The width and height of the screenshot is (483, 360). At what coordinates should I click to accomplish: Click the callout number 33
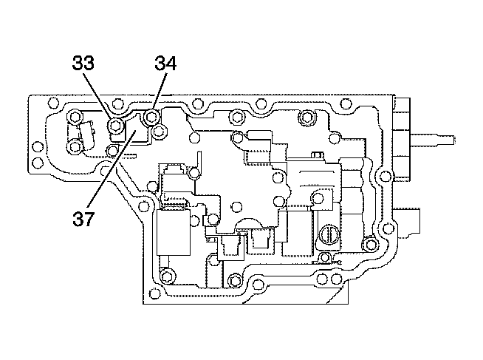coord(83,63)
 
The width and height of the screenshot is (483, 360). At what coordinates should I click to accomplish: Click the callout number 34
coord(165,63)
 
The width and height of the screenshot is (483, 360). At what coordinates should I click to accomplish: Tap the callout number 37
coord(83,219)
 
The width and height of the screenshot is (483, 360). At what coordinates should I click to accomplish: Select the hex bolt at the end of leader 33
coord(116,125)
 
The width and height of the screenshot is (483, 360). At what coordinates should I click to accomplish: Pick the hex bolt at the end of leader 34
coord(151,117)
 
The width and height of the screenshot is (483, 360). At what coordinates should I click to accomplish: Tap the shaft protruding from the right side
coord(432,138)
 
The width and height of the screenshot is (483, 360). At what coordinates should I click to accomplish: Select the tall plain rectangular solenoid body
coord(174,232)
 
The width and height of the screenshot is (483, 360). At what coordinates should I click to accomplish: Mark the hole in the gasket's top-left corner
coord(54,102)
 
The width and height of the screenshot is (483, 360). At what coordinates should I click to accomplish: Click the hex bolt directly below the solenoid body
coord(167,276)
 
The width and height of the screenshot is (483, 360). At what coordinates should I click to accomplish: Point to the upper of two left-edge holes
coord(37,146)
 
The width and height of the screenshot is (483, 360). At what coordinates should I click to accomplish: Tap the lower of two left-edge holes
coord(37,162)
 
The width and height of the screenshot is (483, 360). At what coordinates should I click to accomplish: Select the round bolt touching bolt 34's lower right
coord(160,132)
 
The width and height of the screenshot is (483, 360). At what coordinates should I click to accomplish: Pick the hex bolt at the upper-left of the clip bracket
coord(75,117)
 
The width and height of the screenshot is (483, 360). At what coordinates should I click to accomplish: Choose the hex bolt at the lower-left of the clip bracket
coord(75,146)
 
